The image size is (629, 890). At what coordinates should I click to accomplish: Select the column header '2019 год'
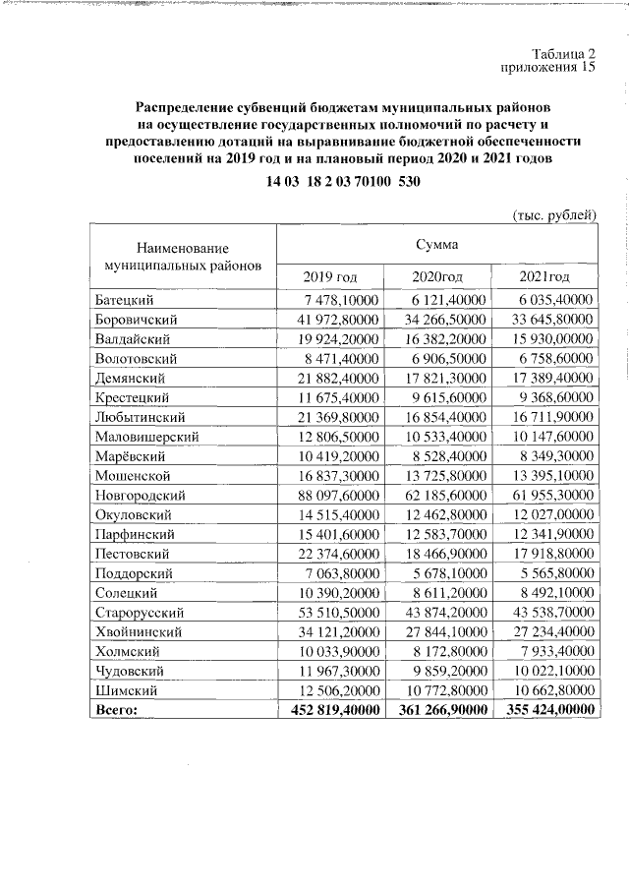pyautogui.click(x=332, y=276)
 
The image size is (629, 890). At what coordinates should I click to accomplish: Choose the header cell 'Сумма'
pyautogui.click(x=436, y=243)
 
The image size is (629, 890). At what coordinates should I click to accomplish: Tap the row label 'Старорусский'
pyautogui.click(x=141, y=612)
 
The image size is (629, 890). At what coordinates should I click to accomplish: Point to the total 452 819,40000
pyautogui.click(x=332, y=709)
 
